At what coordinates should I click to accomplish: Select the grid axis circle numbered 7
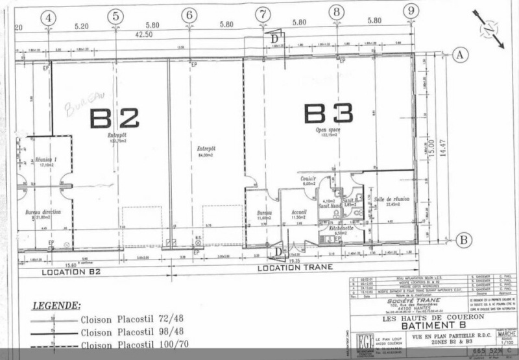262,14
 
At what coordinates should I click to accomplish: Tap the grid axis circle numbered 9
410,10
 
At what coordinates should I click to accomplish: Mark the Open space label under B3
328,130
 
